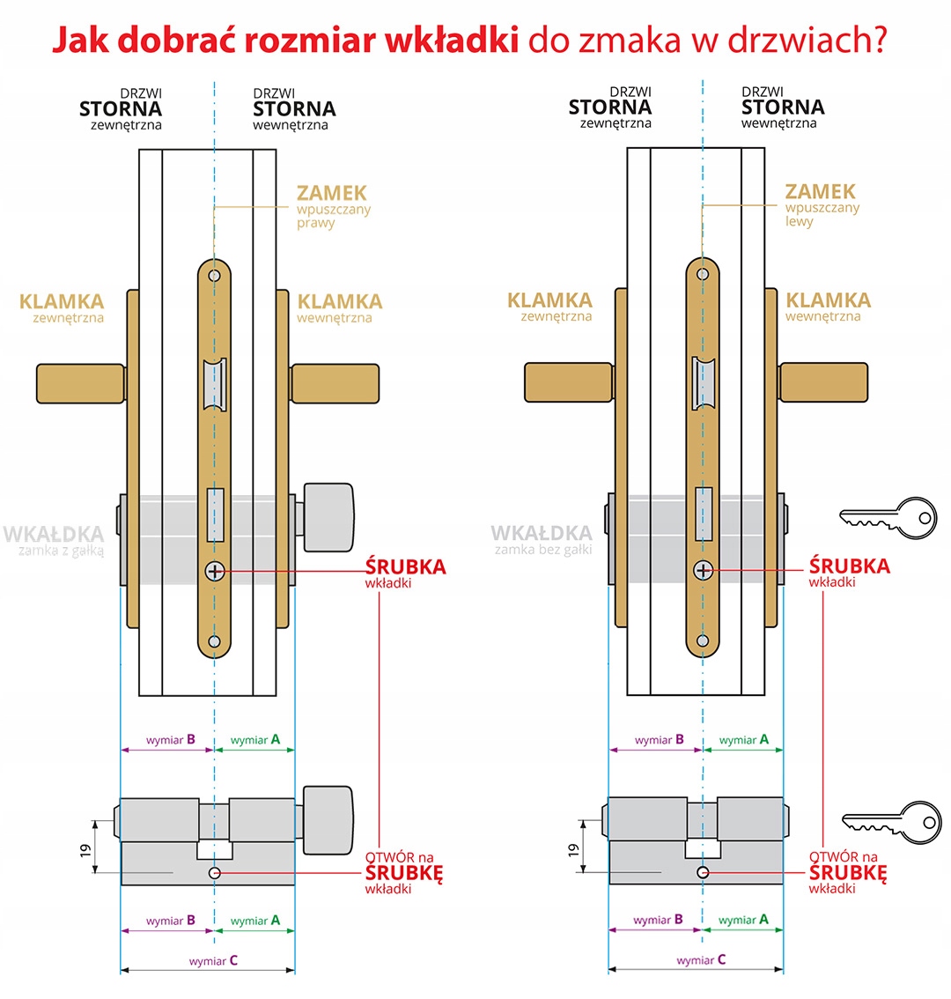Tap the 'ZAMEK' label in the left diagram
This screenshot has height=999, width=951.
pyautogui.click(x=331, y=193)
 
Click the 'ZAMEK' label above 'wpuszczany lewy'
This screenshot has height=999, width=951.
pyautogui.click(x=820, y=191)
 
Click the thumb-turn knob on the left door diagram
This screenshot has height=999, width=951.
pyautogui.click(x=328, y=517)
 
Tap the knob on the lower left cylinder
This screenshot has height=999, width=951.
pyautogui.click(x=328, y=820)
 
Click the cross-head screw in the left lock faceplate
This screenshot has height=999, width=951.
pyautogui.click(x=214, y=571)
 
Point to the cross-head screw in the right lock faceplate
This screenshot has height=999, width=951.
pyautogui.click(x=703, y=570)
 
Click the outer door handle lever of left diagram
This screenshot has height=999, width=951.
pyautogui.click(x=80, y=384)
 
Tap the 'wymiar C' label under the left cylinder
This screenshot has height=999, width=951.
pyautogui.click(x=213, y=960)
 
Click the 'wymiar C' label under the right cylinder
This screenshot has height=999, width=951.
pyautogui.click(x=701, y=959)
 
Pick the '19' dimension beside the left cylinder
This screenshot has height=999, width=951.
pyautogui.click(x=85, y=851)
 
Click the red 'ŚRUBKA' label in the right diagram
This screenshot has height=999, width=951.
pyautogui.click(x=849, y=566)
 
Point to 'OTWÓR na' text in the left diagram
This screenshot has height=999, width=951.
pyautogui.click(x=400, y=856)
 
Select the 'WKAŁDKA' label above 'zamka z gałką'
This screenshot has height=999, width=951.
pyautogui.click(x=54, y=534)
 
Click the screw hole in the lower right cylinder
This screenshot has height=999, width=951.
pyautogui.click(x=702, y=872)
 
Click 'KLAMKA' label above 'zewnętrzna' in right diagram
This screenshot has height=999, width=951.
pyautogui.click(x=550, y=300)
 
